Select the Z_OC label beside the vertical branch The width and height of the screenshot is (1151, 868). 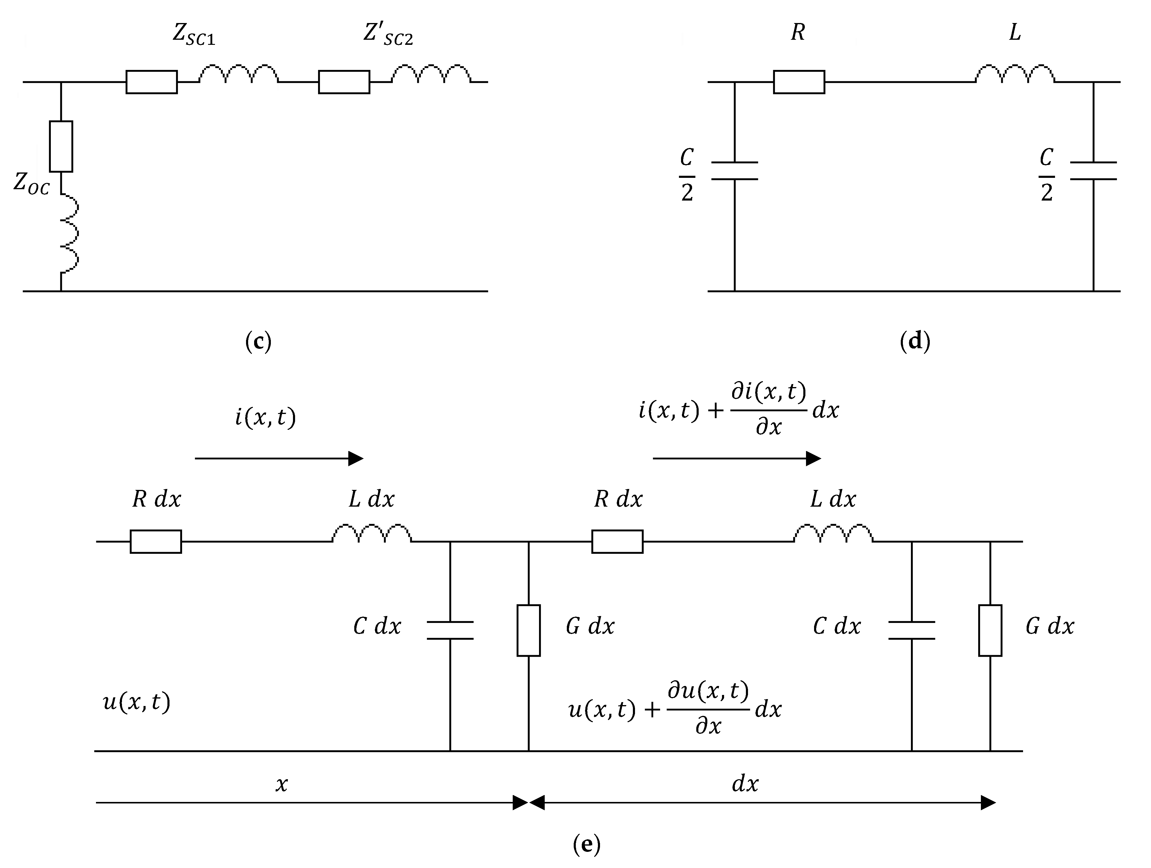pyautogui.click(x=31, y=183)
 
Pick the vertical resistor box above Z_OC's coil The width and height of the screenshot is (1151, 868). pyautogui.click(x=61, y=146)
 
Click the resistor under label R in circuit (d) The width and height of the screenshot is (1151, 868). pyautogui.click(x=799, y=82)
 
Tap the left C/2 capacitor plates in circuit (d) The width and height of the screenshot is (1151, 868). pyautogui.click(x=734, y=171)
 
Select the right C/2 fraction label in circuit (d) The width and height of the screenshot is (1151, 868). pyautogui.click(x=1046, y=175)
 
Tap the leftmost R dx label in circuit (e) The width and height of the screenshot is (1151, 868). pyautogui.click(x=156, y=499)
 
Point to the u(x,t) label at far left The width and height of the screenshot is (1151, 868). pyautogui.click(x=136, y=702)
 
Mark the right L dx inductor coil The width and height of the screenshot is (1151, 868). pyautogui.click(x=833, y=534)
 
